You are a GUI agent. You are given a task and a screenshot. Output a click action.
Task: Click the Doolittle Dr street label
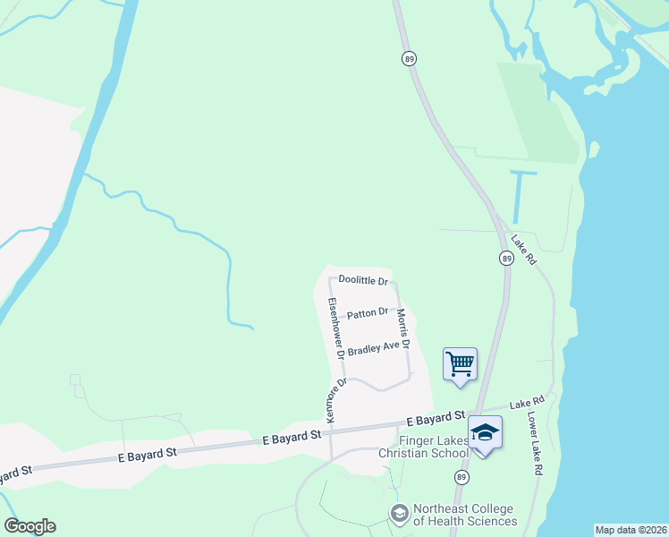point(362,281)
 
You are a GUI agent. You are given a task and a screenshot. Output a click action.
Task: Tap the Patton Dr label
point(367,313)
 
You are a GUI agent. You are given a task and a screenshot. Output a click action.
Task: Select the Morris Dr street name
point(403,329)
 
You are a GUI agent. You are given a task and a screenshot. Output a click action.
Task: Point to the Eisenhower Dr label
point(335,328)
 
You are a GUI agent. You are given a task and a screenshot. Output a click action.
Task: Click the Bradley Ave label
point(373,348)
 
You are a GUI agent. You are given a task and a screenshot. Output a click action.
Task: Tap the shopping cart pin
point(460,364)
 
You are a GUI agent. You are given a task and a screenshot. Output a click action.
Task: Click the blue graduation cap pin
point(485,434)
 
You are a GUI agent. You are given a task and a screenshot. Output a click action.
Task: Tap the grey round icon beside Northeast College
point(399,514)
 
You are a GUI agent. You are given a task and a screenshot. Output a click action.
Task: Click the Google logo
point(30,526)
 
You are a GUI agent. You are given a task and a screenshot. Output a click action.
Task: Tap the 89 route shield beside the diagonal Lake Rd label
point(506,258)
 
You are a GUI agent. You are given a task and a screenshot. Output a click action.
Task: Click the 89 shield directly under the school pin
point(462,478)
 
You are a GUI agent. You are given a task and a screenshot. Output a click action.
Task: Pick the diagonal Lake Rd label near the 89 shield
point(523,250)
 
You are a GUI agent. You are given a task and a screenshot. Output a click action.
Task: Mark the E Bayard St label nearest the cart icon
point(435,419)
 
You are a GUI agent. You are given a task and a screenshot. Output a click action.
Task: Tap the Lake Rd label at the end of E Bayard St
point(526,405)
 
